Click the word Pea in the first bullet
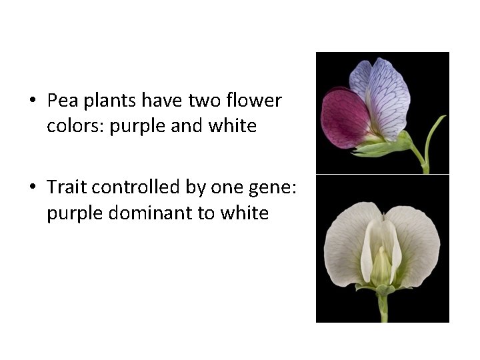pos(61,101)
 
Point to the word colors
pos(75,126)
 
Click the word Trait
pos(67,188)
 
